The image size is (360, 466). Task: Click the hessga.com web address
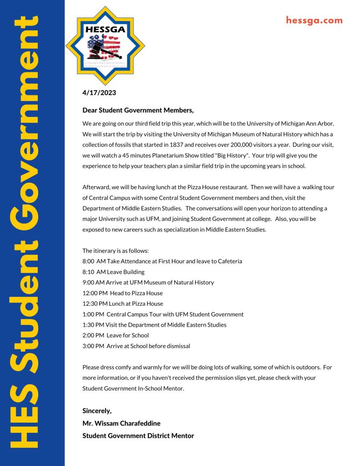point(314,20)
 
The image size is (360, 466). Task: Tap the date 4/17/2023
point(99,93)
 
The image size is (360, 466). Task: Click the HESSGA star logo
point(106,46)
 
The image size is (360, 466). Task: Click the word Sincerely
point(97,411)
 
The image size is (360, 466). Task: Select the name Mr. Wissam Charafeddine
point(122,423)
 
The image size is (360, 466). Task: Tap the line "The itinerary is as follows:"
point(116,251)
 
